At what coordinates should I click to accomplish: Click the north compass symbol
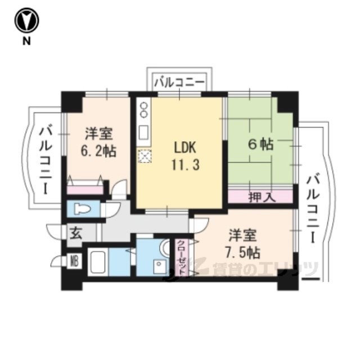(x=26, y=20)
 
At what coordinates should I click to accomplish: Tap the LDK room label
(x=185, y=147)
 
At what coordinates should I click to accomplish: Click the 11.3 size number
(x=186, y=164)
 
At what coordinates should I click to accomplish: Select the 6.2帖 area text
(x=98, y=151)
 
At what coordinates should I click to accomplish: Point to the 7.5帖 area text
(x=242, y=253)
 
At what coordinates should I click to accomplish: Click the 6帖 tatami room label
(x=260, y=145)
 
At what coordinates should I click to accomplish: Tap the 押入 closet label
(x=262, y=197)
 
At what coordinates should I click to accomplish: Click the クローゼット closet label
(x=182, y=257)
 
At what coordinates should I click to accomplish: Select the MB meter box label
(x=74, y=261)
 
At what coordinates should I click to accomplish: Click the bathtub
(x=98, y=262)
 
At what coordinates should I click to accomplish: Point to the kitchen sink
(x=144, y=133)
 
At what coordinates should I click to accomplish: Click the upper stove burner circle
(x=144, y=106)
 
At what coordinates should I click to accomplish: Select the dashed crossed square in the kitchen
(x=145, y=156)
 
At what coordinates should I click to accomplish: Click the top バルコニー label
(x=179, y=83)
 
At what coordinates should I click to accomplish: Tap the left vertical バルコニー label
(x=46, y=159)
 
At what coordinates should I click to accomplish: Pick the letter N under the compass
(x=26, y=41)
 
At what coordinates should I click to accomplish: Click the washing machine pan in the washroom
(x=160, y=266)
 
